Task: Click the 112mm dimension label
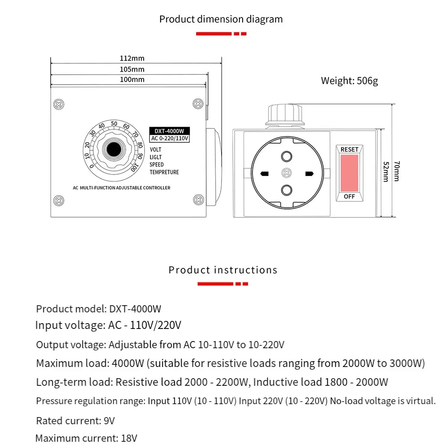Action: point(132,58)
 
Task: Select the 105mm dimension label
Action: point(132,69)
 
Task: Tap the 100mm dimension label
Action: point(132,80)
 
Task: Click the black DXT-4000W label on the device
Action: point(169,131)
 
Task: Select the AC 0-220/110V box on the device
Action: point(170,139)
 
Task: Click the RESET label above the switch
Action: point(350,149)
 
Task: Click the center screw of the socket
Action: point(286,173)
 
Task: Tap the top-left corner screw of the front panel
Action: point(58,103)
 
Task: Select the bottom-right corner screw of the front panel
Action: point(197,200)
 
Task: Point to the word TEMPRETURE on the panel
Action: point(164,172)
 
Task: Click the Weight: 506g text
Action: point(349,81)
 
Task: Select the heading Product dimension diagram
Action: point(221,19)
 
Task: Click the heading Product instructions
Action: point(223,270)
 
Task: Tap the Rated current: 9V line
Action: point(76,421)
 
